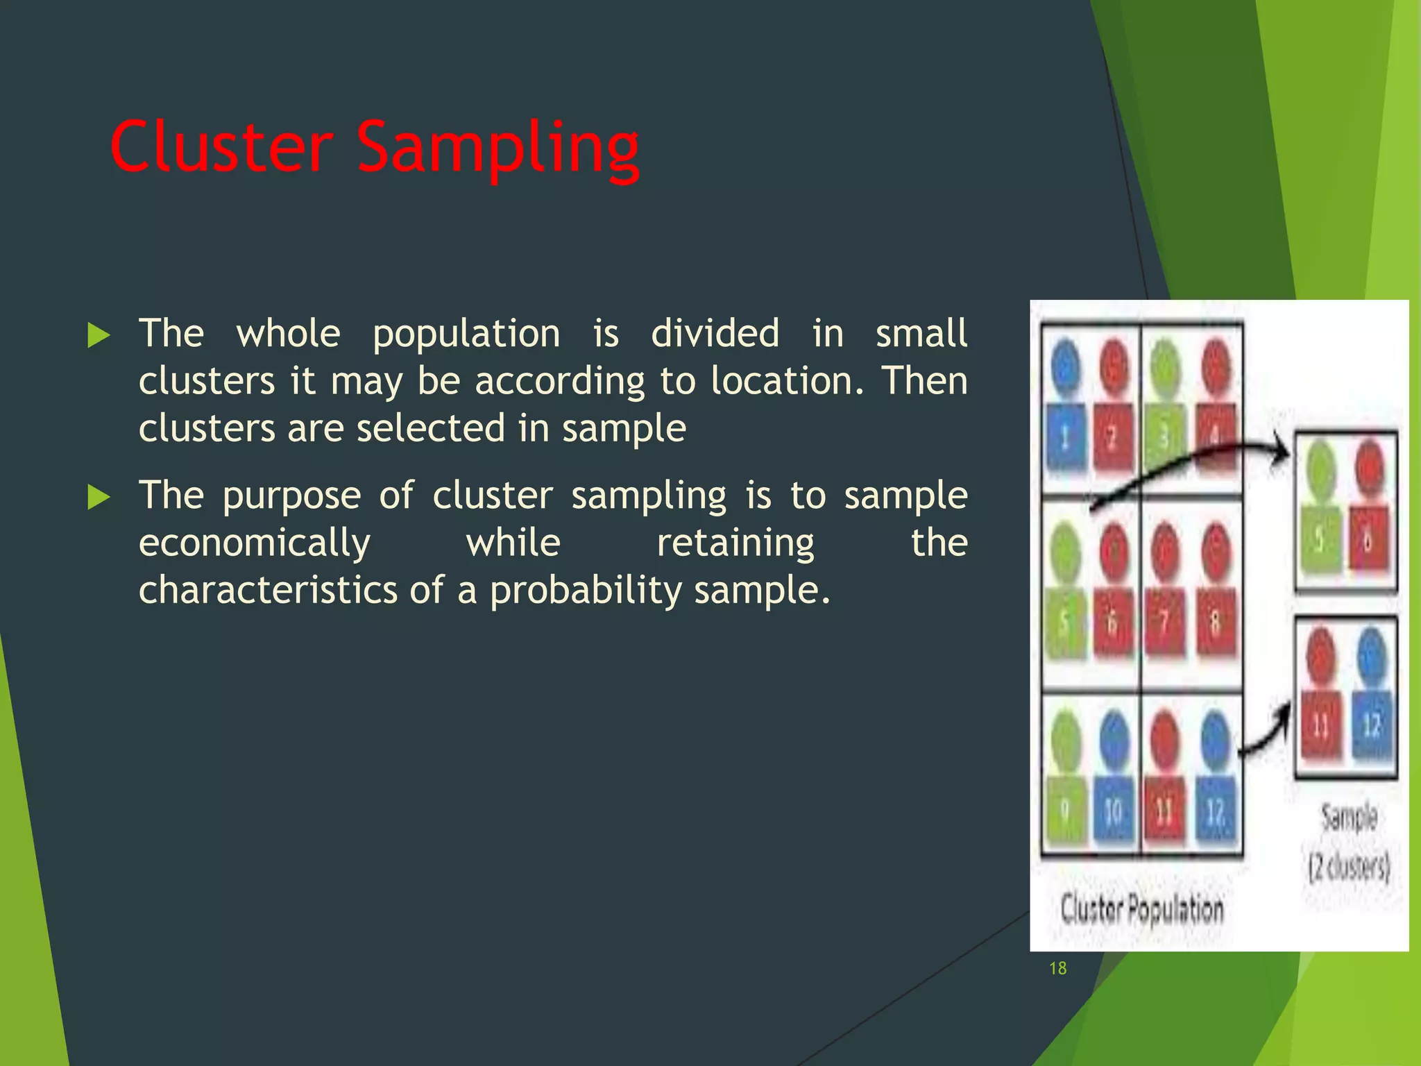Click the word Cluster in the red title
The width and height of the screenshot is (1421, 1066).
(221, 147)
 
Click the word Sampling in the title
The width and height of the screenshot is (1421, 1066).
(497, 149)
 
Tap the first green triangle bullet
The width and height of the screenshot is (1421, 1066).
(99, 336)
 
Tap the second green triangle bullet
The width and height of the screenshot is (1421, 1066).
(99, 498)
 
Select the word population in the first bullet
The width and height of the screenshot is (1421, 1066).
(466, 335)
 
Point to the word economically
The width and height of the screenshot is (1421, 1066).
(254, 543)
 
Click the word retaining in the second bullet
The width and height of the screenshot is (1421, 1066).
(735, 543)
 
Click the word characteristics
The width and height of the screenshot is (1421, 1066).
(268, 591)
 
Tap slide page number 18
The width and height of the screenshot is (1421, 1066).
(1057, 969)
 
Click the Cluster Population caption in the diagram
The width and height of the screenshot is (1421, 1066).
(1141, 908)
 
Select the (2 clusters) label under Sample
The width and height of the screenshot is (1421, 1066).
(1349, 867)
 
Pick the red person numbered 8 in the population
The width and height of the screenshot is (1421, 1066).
(1215, 590)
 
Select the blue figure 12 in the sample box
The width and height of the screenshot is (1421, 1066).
(1371, 694)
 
